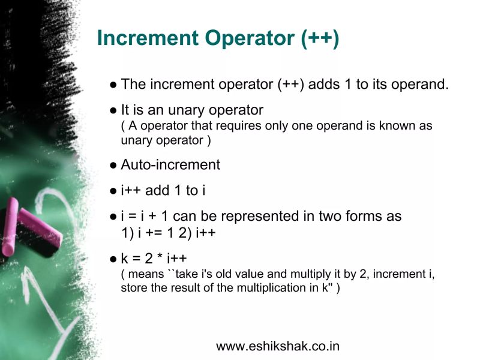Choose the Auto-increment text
pyautogui.click(x=170, y=164)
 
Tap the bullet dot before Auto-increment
pyautogui.click(x=113, y=166)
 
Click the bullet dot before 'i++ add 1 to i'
pyautogui.click(x=113, y=192)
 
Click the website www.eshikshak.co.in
pyautogui.click(x=278, y=346)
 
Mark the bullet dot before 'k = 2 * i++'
pyautogui.click(x=113, y=260)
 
